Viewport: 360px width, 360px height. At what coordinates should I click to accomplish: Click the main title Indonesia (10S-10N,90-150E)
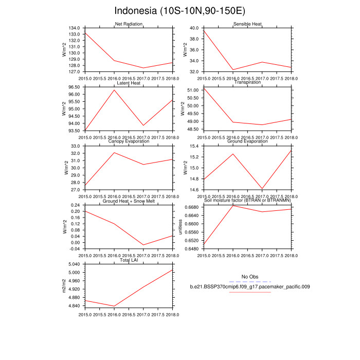pyautogui.click(x=179, y=11)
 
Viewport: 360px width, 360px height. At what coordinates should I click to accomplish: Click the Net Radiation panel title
pyautogui.click(x=129, y=24)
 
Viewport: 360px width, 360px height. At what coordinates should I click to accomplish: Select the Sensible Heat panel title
pyautogui.click(x=247, y=24)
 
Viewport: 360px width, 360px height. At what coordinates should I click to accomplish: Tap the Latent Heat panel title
pyautogui.click(x=129, y=83)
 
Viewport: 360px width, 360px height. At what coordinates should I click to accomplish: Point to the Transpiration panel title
pyautogui.click(x=247, y=83)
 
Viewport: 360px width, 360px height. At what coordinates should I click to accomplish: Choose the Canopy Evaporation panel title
pyautogui.click(x=129, y=141)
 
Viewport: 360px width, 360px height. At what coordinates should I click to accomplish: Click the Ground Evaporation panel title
pyautogui.click(x=247, y=141)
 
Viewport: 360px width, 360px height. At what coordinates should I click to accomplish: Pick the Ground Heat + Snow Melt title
pyautogui.click(x=129, y=201)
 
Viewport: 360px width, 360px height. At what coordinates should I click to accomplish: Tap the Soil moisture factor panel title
pyautogui.click(x=247, y=201)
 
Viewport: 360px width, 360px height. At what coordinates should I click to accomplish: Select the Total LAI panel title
pyautogui.click(x=129, y=260)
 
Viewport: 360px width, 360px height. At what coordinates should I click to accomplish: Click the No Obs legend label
pyautogui.click(x=250, y=277)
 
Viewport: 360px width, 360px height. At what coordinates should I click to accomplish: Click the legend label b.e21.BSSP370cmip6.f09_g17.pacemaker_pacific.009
pyautogui.click(x=250, y=286)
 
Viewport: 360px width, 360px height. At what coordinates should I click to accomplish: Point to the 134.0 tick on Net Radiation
pyautogui.click(x=74, y=28)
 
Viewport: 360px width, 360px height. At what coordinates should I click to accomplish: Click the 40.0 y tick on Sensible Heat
pyautogui.click(x=194, y=28)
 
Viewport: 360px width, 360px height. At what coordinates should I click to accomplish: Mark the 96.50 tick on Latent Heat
pyautogui.click(x=74, y=87)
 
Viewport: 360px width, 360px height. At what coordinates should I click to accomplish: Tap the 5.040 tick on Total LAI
pyautogui.click(x=74, y=264)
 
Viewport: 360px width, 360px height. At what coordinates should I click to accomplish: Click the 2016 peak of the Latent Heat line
pyautogui.click(x=114, y=90)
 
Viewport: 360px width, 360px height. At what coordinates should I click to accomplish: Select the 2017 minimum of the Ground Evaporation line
pyautogui.click(x=262, y=189)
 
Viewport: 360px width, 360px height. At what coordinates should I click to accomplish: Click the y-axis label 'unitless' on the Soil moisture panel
pyautogui.click(x=180, y=227)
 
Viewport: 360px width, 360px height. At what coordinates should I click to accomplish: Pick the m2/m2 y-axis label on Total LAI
pyautogui.click(x=64, y=286)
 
